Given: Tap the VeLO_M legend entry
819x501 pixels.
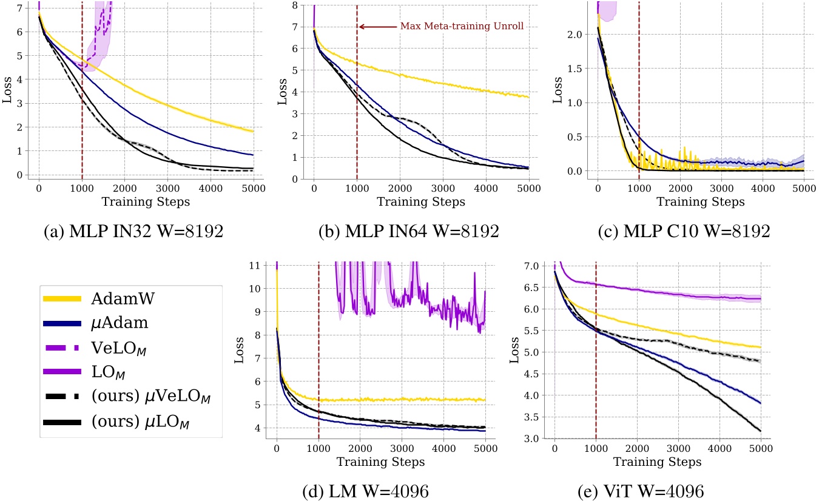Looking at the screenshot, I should point(119,348).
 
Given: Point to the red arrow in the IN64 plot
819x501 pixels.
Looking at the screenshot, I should point(377,27).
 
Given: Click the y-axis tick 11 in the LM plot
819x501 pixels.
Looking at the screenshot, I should point(257,265).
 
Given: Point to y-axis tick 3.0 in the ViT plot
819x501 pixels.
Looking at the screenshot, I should point(531,439).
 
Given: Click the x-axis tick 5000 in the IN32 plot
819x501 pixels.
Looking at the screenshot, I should point(252,189).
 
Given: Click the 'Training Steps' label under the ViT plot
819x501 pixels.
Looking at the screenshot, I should point(658,462).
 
